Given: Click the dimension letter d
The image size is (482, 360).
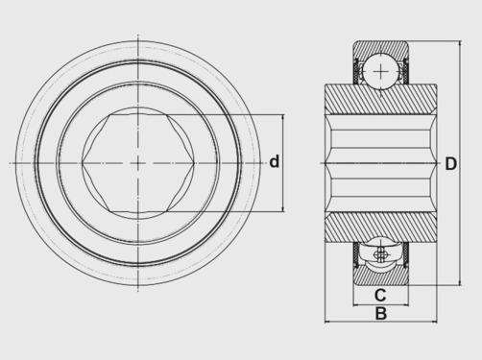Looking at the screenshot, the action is point(275,162).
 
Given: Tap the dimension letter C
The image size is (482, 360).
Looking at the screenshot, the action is point(380,295).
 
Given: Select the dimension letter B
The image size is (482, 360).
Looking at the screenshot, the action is point(381,313).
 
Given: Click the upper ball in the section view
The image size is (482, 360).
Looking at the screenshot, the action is point(380,71).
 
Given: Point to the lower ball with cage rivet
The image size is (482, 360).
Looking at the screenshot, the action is point(380,254).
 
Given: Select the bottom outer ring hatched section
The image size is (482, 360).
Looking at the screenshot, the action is point(381,276).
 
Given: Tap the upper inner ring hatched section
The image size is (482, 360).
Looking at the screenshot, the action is point(381,99).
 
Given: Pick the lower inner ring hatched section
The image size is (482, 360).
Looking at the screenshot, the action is point(381,228).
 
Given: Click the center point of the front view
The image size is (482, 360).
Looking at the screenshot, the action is point(138,163).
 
